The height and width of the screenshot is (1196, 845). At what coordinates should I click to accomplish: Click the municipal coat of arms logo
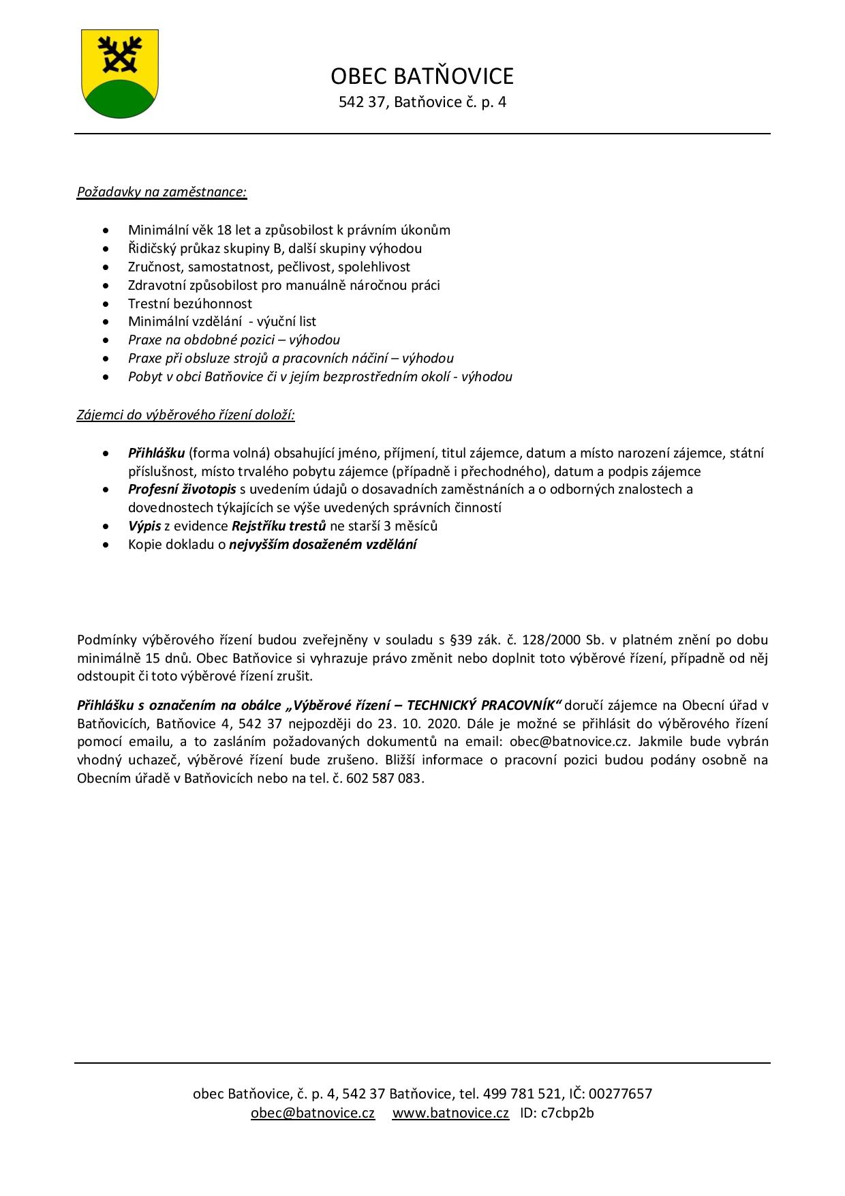click(x=120, y=74)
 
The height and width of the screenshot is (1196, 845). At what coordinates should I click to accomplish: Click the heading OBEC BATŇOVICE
click(x=422, y=76)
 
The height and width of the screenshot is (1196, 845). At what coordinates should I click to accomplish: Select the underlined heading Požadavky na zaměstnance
click(x=162, y=192)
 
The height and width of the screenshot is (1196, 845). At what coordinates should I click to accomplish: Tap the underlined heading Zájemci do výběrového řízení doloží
click(x=185, y=415)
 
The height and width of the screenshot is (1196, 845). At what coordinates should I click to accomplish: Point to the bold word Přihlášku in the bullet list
click(x=156, y=453)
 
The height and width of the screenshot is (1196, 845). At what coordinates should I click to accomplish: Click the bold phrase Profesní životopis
click(x=182, y=489)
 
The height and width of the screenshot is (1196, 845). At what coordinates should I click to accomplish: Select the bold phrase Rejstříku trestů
click(x=279, y=526)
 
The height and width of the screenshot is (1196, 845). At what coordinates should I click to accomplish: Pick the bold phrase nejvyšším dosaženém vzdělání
click(x=323, y=544)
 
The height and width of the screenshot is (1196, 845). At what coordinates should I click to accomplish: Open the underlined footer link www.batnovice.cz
click(x=450, y=1113)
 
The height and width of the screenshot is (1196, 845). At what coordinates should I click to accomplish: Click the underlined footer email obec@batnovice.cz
click(x=313, y=1113)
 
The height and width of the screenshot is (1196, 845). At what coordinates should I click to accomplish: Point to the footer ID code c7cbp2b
click(x=567, y=1113)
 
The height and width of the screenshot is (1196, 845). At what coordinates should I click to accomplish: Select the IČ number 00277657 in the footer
click(x=620, y=1094)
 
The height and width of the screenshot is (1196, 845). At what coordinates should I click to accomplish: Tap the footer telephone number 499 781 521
click(x=521, y=1094)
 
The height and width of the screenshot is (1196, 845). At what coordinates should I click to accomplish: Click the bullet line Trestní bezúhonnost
click(x=190, y=303)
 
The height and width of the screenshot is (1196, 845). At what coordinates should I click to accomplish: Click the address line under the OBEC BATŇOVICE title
click(x=422, y=102)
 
